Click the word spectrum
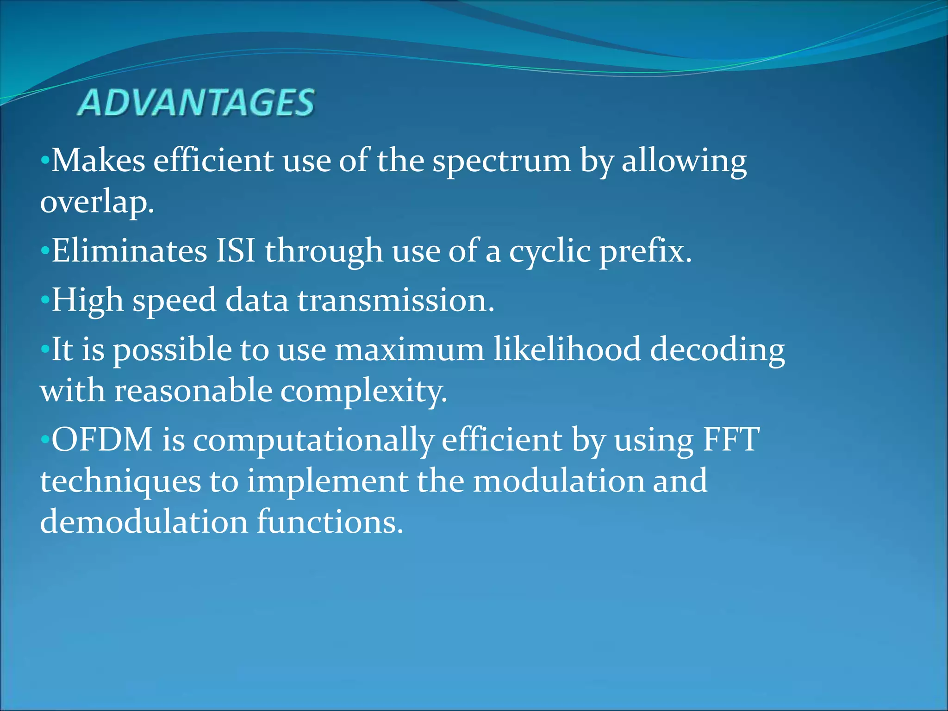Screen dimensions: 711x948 [x=502, y=162]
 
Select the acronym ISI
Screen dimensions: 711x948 [x=236, y=251]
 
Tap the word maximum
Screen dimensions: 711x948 [x=410, y=349]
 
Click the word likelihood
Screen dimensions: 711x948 [x=567, y=349]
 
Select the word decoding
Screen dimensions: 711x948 [x=717, y=350]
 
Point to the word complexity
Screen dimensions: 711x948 [x=364, y=392]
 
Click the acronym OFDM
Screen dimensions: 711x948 [x=102, y=440]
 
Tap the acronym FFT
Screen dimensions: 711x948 [x=731, y=440]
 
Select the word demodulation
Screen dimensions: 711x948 [x=144, y=522]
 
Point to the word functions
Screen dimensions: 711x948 [x=330, y=522]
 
